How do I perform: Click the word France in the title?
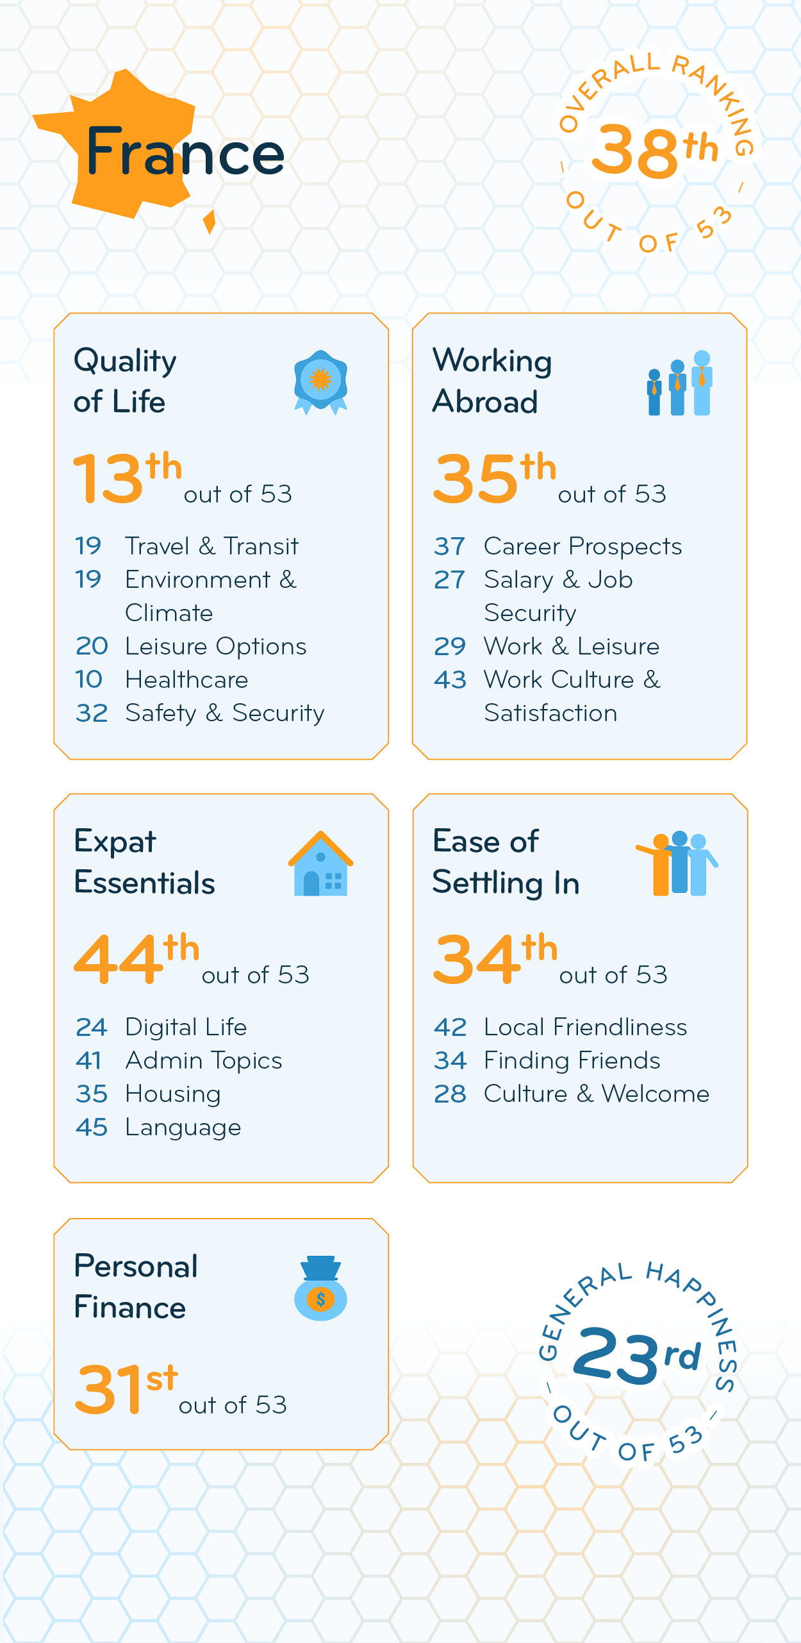(185, 151)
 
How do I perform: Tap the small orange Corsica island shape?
(209, 222)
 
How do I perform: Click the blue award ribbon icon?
(320, 382)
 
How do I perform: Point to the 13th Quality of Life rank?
(128, 477)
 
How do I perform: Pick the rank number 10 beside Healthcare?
(89, 680)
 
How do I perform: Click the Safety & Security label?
(224, 713)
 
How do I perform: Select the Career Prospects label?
(582, 546)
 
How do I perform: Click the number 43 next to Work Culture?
(450, 680)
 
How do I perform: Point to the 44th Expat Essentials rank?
(136, 958)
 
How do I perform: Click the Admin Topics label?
(204, 1060)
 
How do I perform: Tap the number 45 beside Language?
(91, 1127)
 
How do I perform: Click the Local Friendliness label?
(585, 1027)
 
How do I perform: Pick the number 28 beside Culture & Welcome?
(450, 1094)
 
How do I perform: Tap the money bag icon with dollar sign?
(320, 1289)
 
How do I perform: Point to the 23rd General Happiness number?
(637, 1354)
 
